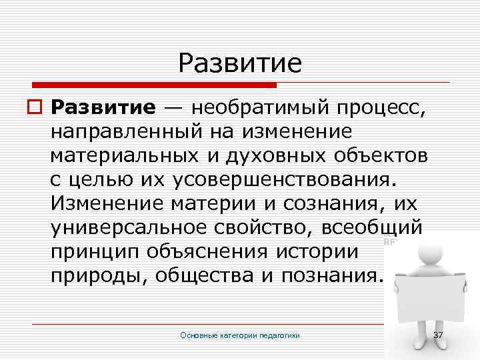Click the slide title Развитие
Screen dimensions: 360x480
point(240,63)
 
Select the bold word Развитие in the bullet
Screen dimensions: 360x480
point(103,107)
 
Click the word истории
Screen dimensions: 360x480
point(321,251)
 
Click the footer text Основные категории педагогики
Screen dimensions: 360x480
point(240,335)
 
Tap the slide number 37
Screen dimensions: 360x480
point(438,334)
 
